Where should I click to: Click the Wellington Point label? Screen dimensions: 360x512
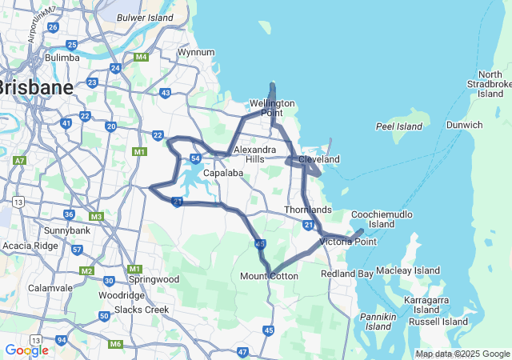[x=272, y=108]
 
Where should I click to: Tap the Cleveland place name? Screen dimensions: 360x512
[x=318, y=160]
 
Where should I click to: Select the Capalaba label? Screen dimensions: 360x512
[x=222, y=173]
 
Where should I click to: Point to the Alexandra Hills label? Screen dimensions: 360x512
[x=255, y=154]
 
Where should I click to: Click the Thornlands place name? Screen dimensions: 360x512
[x=308, y=210]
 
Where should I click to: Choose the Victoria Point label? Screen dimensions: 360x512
[x=348, y=242]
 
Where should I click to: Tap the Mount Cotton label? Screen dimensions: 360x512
[x=270, y=277]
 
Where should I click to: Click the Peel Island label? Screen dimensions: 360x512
[x=398, y=127]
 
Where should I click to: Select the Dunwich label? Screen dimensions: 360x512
[x=465, y=125]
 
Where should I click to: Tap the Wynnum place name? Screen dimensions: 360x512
[x=196, y=53]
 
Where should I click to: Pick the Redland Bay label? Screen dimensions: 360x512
[x=347, y=274]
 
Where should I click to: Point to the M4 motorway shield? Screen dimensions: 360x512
[x=141, y=57]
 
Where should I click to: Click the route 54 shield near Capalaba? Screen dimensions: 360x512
[x=195, y=158]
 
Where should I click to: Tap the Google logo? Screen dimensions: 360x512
[x=26, y=350]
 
